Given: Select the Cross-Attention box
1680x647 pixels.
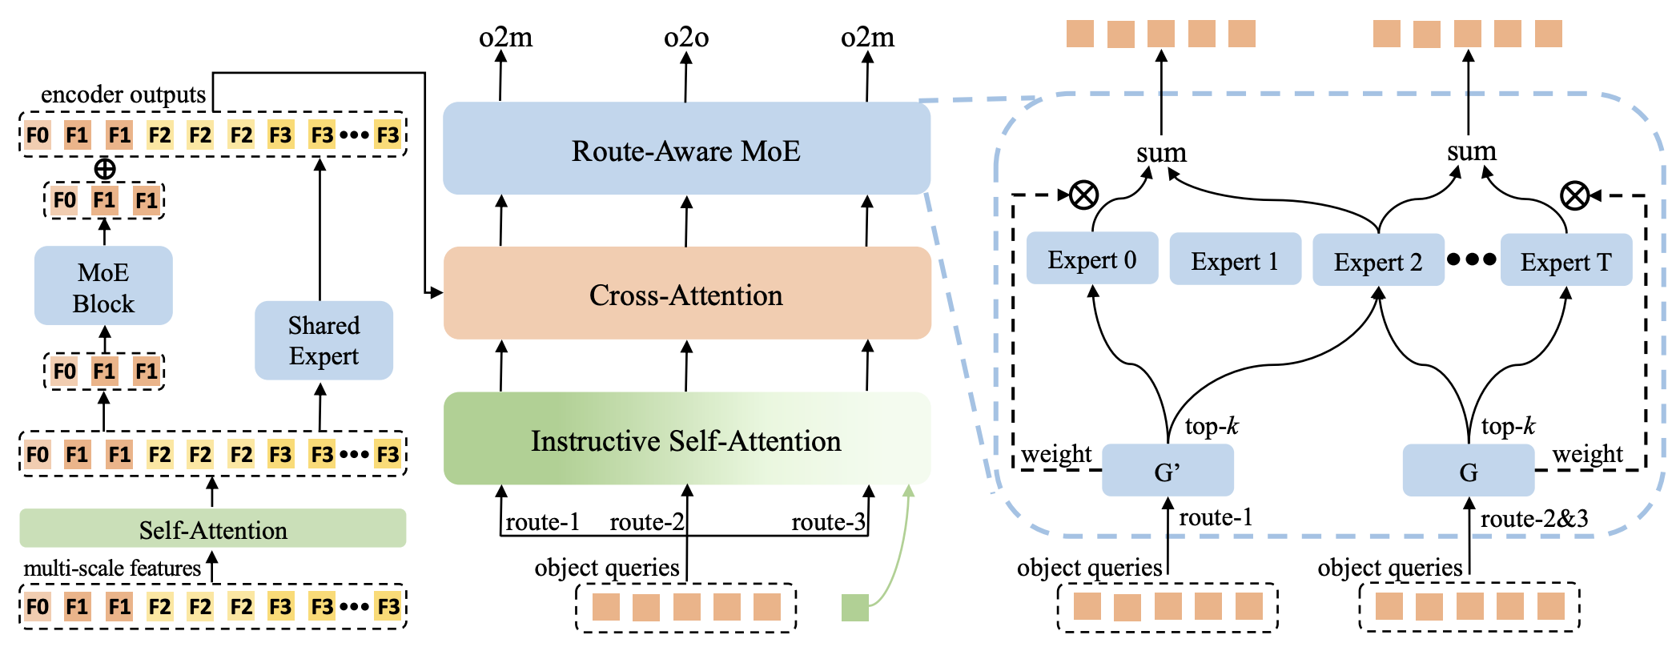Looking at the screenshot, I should click(x=686, y=294).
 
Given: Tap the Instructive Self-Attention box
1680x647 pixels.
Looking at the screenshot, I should click(x=686, y=440).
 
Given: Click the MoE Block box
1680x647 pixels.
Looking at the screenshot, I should click(x=103, y=286).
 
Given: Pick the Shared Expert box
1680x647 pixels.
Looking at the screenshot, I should click(x=324, y=340).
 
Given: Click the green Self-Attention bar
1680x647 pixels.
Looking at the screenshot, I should click(x=212, y=529).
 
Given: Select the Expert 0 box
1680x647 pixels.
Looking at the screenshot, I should click(x=1091, y=259).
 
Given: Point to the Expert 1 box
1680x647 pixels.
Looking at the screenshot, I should click(x=1234, y=260).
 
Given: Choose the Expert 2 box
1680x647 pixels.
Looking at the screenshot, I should click(x=1377, y=261).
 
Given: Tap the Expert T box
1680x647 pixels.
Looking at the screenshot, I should click(x=1565, y=261).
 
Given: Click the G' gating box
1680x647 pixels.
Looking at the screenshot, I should click(x=1167, y=472).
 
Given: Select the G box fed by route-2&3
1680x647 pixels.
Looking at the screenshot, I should click(x=1468, y=472).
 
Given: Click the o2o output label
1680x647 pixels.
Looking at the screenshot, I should click(x=686, y=37).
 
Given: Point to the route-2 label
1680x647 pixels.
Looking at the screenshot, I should click(x=646, y=522).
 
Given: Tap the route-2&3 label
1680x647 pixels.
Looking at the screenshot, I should click(x=1533, y=519).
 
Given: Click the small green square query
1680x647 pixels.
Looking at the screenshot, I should click(x=854, y=608).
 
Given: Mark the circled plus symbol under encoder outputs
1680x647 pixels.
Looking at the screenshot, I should click(x=105, y=169).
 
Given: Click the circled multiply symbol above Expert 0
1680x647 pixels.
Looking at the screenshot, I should click(x=1083, y=195).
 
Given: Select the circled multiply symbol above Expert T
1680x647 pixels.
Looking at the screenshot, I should click(x=1574, y=195).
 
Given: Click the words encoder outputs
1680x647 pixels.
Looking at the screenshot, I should click(x=123, y=94).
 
